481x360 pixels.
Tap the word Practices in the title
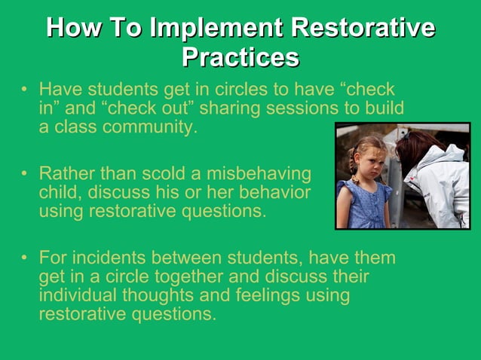[240, 57]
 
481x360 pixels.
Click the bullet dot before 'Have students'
[25, 90]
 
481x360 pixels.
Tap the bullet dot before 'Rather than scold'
[25, 175]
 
